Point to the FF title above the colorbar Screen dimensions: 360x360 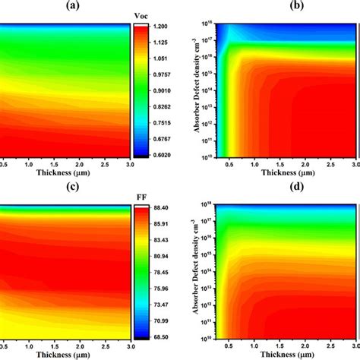[141, 194]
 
